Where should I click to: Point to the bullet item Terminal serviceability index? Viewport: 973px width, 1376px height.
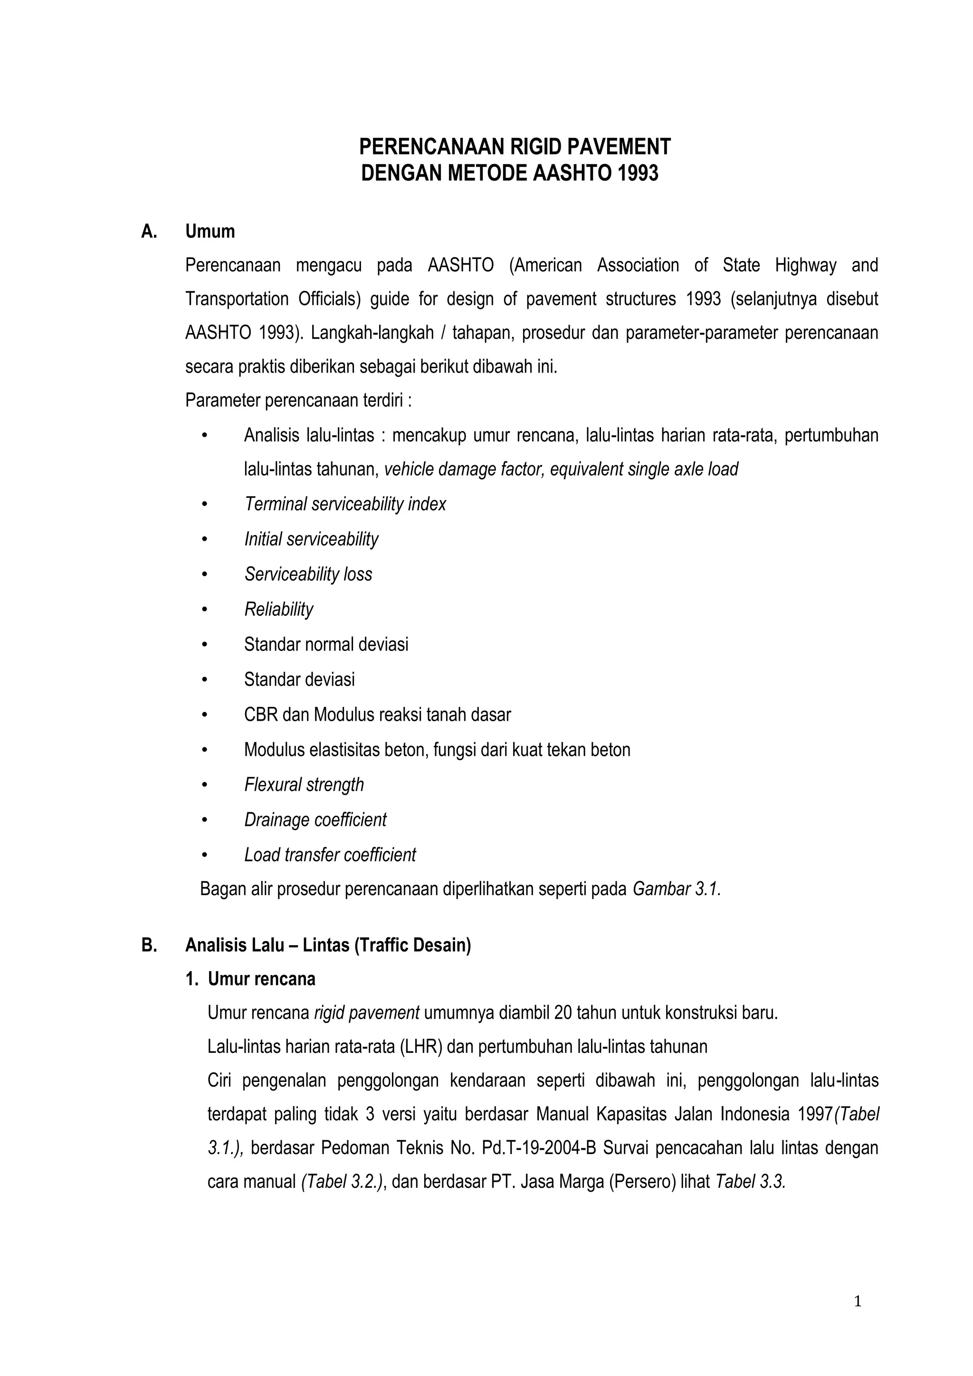[x=344, y=504]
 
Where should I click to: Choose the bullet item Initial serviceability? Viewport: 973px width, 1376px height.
[x=311, y=539]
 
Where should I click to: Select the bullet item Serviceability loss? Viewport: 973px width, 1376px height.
[x=308, y=574]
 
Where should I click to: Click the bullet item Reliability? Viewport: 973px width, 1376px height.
[x=278, y=610]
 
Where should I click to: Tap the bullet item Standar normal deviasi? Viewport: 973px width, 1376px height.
[x=326, y=644]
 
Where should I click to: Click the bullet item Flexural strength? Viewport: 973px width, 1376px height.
[x=304, y=784]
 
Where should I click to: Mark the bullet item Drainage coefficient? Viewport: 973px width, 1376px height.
[x=315, y=819]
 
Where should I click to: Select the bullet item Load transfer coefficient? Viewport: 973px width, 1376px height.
[x=330, y=855]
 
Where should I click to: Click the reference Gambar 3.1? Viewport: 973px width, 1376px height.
[x=677, y=889]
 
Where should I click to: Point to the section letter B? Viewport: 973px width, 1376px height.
[x=149, y=945]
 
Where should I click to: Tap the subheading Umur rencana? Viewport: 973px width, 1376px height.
[x=261, y=979]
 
